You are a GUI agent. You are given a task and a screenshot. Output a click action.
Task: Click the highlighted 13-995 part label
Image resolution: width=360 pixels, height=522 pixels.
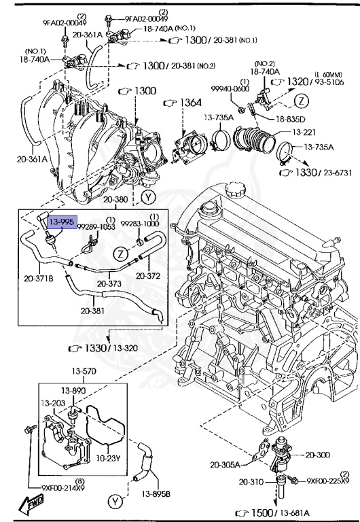pyautogui.click(x=62, y=222)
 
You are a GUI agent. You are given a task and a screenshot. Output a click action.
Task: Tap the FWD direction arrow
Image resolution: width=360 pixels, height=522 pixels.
pyautogui.click(x=31, y=503)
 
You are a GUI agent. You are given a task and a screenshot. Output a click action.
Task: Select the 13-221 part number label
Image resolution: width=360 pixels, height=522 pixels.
pyautogui.click(x=304, y=132)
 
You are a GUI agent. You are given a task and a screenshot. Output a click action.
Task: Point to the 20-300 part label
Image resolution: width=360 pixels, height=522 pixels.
pyautogui.click(x=317, y=455)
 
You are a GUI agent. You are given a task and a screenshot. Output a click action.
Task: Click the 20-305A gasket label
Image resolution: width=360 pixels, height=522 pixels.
pyautogui.click(x=225, y=464)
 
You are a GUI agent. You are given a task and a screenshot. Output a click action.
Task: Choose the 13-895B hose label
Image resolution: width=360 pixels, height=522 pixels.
pyautogui.click(x=156, y=494)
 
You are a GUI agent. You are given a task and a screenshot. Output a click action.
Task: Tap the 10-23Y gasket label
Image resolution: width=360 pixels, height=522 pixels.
pyautogui.click(x=108, y=458)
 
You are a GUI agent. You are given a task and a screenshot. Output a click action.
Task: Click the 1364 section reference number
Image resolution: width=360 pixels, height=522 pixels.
pyautogui.click(x=190, y=103)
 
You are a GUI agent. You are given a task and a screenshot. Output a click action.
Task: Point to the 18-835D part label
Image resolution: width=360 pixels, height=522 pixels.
pyautogui.click(x=291, y=119)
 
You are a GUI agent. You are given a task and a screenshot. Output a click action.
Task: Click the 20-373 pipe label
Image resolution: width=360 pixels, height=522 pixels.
pyautogui.click(x=109, y=283)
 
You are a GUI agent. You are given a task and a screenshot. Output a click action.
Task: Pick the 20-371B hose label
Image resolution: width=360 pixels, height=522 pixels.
pyautogui.click(x=39, y=278)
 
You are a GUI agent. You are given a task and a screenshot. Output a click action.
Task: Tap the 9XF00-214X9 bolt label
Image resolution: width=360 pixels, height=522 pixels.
pyautogui.click(x=63, y=488)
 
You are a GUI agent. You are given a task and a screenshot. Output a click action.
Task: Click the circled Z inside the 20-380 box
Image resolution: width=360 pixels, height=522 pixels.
pyautogui.click(x=120, y=254)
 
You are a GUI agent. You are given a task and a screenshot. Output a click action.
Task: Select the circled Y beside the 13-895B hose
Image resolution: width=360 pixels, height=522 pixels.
pyautogui.click(x=115, y=502)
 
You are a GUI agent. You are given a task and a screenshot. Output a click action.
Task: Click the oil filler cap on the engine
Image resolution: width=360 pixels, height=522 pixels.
pyautogui.click(x=235, y=190)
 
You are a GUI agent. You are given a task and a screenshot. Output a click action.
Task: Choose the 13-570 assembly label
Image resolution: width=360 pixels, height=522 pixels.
pyautogui.click(x=84, y=371)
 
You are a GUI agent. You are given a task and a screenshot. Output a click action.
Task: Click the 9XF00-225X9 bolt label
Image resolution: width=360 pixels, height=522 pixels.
pyautogui.click(x=327, y=481)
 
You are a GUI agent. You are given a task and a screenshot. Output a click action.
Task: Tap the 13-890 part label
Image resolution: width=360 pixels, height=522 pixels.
pyautogui.click(x=73, y=390)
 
